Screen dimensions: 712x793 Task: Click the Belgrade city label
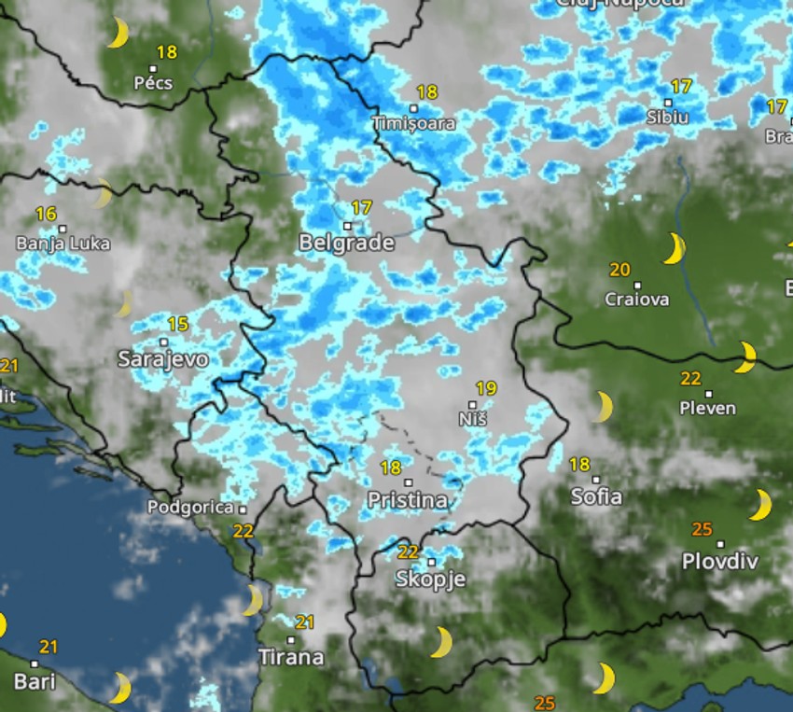click(x=346, y=244)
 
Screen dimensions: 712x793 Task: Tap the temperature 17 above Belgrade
click(x=361, y=207)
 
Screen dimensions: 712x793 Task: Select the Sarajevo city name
click(x=163, y=358)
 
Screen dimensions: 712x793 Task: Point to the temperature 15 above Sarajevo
click(x=177, y=325)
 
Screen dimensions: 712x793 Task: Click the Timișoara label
click(x=413, y=123)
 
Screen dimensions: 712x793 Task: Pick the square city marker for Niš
click(x=473, y=405)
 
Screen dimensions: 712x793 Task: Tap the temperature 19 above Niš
click(x=485, y=388)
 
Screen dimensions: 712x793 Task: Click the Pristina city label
click(x=407, y=500)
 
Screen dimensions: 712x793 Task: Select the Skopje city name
click(x=430, y=579)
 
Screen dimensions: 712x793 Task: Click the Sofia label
click(x=596, y=496)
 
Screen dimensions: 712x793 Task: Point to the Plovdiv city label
click(x=719, y=562)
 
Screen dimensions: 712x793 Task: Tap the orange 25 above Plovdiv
click(x=703, y=530)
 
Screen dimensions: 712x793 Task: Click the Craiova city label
click(x=637, y=300)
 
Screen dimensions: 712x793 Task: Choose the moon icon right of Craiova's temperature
click(x=674, y=249)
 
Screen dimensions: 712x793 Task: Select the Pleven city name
click(x=707, y=408)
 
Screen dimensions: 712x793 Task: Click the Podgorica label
click(x=190, y=508)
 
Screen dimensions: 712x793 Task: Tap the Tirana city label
click(x=291, y=657)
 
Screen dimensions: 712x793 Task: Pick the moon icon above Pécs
click(x=118, y=33)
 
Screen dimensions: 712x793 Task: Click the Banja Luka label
click(x=63, y=244)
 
